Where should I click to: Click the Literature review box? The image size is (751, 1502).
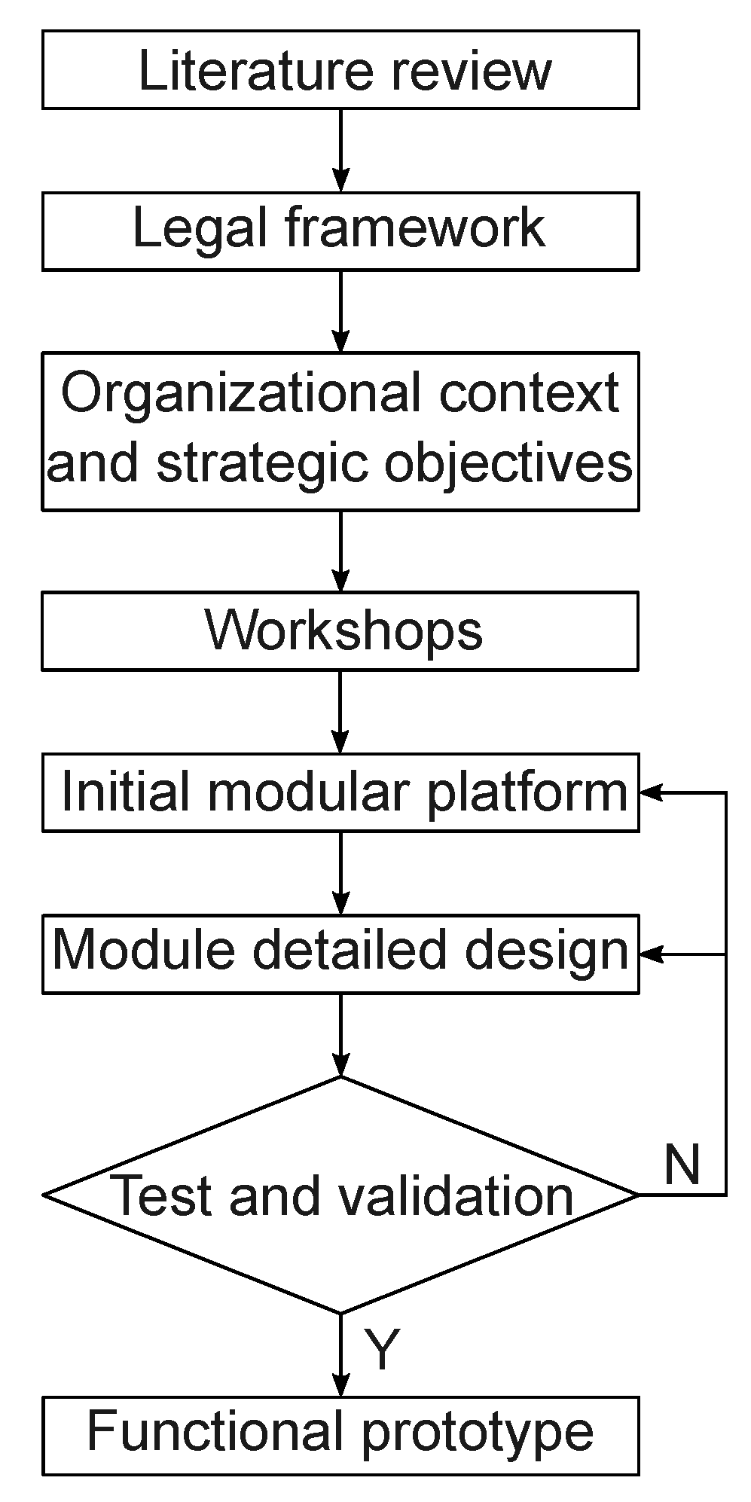[340, 69]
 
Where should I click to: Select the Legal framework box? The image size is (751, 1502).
[340, 230]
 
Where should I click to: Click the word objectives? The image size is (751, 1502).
[508, 463]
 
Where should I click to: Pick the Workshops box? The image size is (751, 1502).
[340, 630]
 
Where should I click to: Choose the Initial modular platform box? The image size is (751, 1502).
[340, 792]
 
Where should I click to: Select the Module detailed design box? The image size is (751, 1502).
[340, 954]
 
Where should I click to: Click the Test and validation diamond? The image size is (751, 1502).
[340, 1195]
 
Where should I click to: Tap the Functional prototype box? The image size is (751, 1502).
[340, 1434]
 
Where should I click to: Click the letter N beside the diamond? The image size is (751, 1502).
[682, 1164]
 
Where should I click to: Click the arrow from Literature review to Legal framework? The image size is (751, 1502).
[341, 151]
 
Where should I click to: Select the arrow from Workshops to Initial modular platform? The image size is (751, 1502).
[341, 711]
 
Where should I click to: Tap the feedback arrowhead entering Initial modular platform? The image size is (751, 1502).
[651, 792]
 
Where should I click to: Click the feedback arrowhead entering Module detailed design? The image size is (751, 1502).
[651, 954]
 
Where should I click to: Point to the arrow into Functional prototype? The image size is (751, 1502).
[341, 1356]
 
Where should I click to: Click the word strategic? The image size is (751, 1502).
[264, 463]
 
